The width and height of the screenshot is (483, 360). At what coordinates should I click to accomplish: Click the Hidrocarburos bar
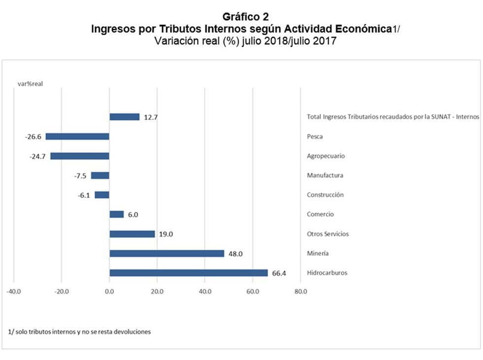click(188, 273)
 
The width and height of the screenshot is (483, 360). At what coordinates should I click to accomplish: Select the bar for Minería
click(167, 254)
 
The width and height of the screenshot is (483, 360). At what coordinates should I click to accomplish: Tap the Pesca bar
click(77, 136)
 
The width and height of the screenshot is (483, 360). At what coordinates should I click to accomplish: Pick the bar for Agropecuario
click(79, 156)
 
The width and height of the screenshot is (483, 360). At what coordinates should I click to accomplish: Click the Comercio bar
click(116, 214)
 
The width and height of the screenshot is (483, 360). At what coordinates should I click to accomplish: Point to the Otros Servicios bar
click(132, 234)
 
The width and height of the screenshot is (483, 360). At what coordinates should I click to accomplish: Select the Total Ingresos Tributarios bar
click(124, 117)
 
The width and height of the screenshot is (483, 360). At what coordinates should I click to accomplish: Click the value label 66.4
click(279, 273)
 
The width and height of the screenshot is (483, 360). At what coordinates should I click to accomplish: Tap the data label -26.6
click(34, 136)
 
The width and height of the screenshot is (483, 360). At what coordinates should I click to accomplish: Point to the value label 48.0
click(236, 254)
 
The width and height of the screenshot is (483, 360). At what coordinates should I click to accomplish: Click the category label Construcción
click(325, 195)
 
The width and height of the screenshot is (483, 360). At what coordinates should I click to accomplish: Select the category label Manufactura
click(325, 175)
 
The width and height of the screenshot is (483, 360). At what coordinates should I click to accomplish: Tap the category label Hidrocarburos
click(327, 273)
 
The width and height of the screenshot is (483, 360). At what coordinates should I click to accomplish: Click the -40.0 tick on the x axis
click(13, 291)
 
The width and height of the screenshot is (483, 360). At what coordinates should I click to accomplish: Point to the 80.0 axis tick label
click(301, 291)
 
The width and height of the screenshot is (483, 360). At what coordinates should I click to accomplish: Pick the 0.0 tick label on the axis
click(109, 291)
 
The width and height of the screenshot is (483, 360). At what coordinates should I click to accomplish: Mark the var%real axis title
click(31, 84)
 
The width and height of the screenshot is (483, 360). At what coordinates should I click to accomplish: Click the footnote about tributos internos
click(80, 331)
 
